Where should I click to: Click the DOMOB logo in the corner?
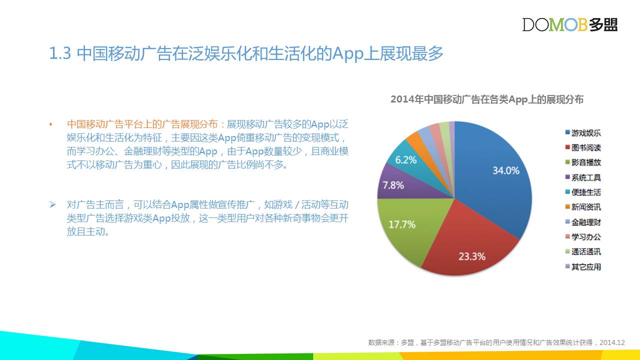[569, 24]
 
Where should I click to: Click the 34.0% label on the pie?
[506, 170]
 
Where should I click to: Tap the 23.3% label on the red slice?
[472, 256]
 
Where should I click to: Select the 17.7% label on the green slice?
[402, 224]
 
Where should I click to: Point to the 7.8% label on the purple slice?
[393, 185]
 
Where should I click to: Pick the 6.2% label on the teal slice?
[405, 160]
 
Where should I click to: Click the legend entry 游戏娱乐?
[583, 133]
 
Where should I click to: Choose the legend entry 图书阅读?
[583, 147]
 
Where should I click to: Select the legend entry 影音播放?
[583, 162]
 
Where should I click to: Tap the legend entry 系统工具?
[583, 177]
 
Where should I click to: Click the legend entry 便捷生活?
[583, 192]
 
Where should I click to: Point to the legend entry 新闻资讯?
[583, 207]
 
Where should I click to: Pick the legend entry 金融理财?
[583, 222]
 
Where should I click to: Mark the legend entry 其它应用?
[583, 267]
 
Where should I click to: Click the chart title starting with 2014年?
[487, 99]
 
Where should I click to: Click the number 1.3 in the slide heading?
[60, 53]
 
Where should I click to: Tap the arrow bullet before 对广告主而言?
[52, 204]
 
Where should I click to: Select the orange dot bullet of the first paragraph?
[51, 124]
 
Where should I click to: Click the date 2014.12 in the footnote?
[612, 342]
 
